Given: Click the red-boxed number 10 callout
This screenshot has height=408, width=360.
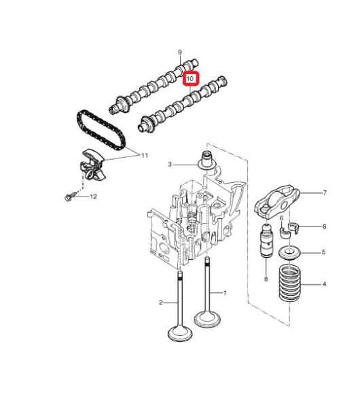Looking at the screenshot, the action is coord(190,78).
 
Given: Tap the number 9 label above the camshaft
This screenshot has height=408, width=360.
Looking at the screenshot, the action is coord(180,52).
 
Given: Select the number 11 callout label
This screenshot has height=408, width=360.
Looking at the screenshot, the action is coord(145,156).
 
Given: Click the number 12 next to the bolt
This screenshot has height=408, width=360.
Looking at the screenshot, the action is coord(93,197).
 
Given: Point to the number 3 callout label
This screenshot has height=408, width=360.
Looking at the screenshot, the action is coord(170,165).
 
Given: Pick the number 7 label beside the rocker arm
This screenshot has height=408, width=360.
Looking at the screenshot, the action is coord(325,193).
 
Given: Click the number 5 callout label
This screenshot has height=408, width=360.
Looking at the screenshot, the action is coord(323,252).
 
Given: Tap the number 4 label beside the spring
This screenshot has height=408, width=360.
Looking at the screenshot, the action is coord(324,284).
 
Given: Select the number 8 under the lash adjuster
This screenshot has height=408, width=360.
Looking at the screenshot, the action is coord(266,279).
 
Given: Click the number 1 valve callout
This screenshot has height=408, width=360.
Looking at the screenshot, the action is coord(225,293).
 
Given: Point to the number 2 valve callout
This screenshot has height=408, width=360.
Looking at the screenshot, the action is coord(161,303).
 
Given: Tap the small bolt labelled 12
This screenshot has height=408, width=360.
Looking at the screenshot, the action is coord(71,197).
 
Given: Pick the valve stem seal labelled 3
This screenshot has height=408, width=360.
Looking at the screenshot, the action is coord(206,160).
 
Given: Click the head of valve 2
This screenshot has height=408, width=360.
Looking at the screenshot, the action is coord(180,334).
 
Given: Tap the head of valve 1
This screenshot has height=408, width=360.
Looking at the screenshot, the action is coord(207,320).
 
